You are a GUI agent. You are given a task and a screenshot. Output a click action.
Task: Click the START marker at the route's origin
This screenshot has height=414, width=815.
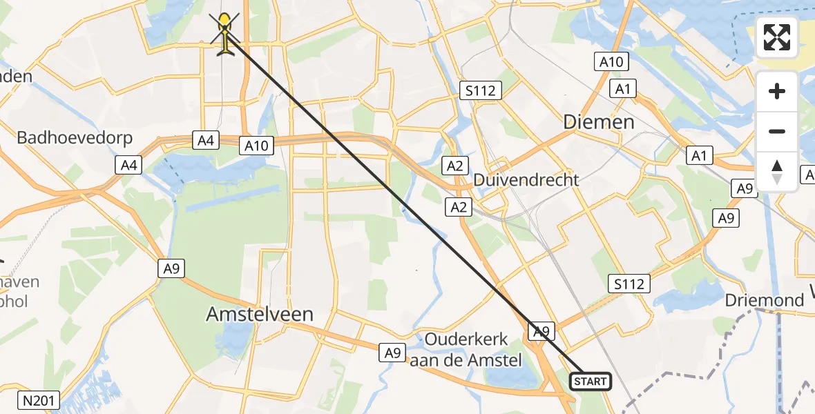coord(590,381)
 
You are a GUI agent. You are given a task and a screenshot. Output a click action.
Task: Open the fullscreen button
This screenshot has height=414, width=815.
coord(777,37)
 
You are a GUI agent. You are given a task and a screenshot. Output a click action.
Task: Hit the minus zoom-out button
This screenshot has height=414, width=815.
coord(777,131)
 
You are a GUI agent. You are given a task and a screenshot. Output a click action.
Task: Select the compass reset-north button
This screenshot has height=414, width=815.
coord(777,171)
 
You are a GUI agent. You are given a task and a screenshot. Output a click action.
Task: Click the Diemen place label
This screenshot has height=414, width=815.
coord(599,122)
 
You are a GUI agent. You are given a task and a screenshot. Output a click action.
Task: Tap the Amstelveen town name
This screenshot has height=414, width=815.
coord(260,315)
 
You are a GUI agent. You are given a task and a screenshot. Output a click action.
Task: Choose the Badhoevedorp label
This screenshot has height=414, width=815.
coord(74,137)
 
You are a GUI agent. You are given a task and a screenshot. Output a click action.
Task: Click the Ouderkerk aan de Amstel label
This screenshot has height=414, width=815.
coord(467,350)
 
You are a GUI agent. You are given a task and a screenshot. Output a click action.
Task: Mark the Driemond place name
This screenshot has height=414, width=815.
coord(765,301)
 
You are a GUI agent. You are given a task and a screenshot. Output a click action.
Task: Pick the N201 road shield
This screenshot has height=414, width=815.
coord(40,400)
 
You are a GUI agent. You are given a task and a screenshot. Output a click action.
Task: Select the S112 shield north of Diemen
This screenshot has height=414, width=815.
coord(481,90)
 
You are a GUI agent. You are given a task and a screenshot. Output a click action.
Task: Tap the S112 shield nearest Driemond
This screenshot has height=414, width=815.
coord(629,283)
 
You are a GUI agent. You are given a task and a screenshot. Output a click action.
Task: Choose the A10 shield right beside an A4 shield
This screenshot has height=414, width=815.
coord(257,145)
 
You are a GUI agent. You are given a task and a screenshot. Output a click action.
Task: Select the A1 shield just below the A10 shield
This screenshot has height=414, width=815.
coord(623,89)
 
